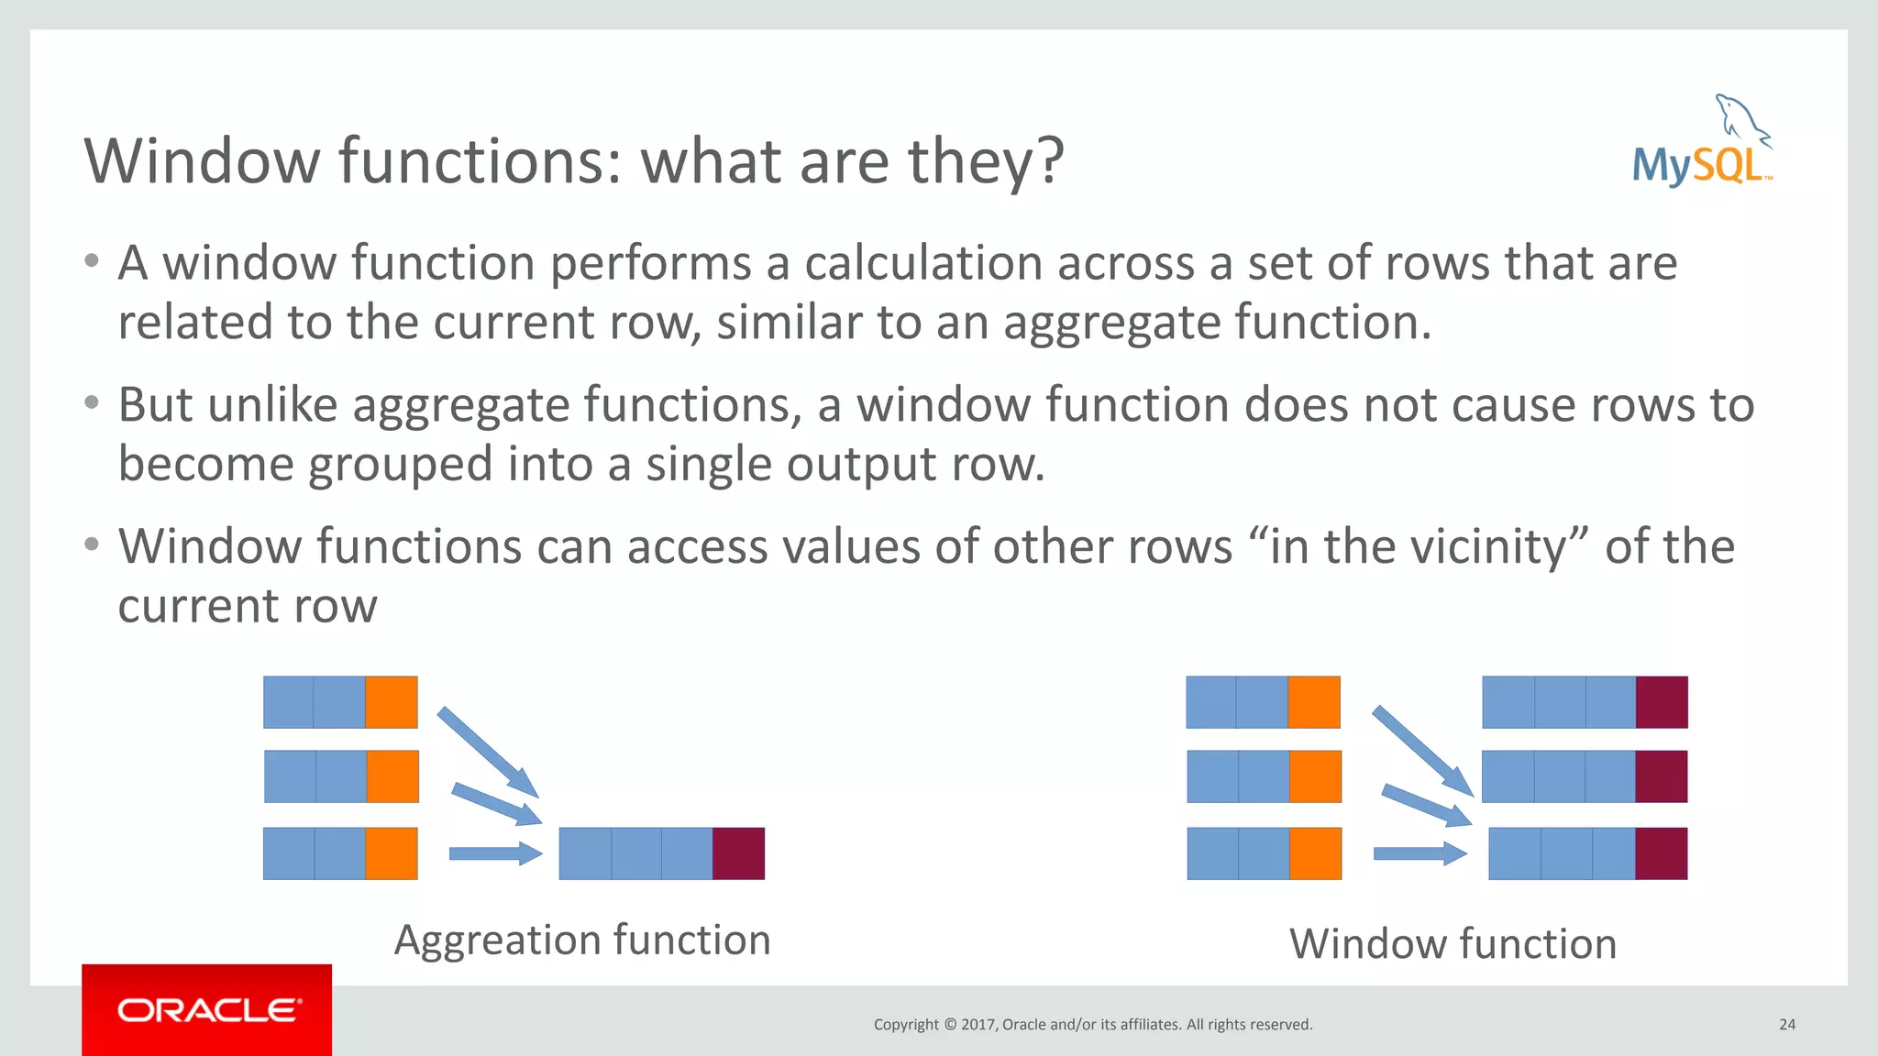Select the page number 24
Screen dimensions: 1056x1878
point(1786,1025)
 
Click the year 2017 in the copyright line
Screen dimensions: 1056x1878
point(978,1025)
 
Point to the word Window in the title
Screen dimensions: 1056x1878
point(203,161)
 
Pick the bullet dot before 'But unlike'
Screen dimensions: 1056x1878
point(91,402)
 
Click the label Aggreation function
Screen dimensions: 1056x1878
point(582,940)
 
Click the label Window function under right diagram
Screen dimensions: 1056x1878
point(1453,944)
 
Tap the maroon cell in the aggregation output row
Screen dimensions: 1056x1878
point(738,853)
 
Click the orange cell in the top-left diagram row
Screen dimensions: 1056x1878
point(392,702)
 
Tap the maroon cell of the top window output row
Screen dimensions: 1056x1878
point(1662,702)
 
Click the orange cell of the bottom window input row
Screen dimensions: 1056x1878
point(1315,853)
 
